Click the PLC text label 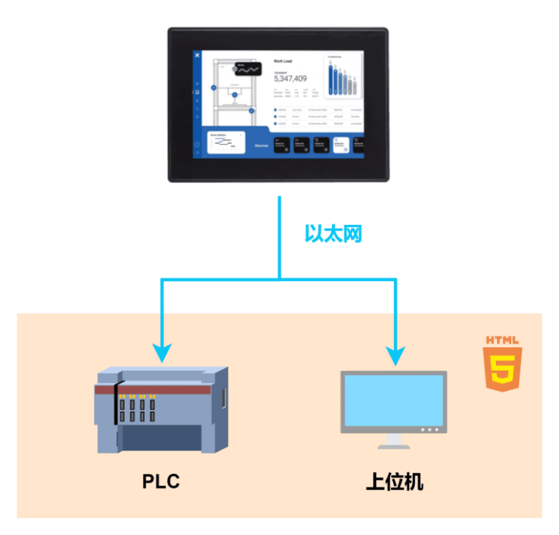[x=160, y=481]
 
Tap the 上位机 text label [x=394, y=482]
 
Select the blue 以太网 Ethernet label [x=333, y=233]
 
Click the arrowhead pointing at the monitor [x=395, y=354]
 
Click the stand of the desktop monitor [x=394, y=440]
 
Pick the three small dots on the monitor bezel [x=431, y=429]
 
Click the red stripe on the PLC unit [x=160, y=389]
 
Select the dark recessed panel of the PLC [x=160, y=435]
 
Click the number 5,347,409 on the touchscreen [x=290, y=79]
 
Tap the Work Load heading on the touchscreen [x=283, y=61]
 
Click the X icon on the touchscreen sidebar [x=197, y=56]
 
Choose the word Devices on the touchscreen [x=261, y=146]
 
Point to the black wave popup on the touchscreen [x=247, y=70]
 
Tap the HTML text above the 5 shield [x=502, y=340]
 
